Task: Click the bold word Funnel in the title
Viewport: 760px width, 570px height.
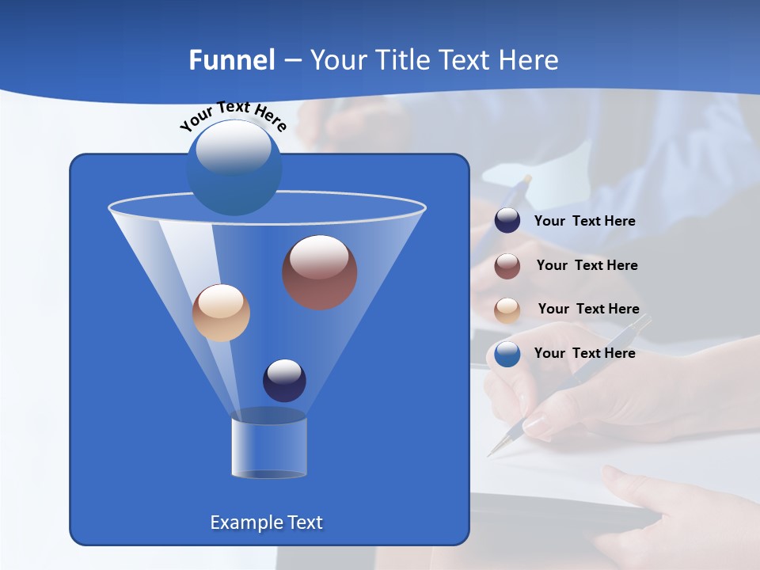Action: pos(231,60)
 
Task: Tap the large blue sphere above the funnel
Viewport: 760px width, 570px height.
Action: pos(234,167)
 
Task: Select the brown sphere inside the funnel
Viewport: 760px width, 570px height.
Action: pos(319,272)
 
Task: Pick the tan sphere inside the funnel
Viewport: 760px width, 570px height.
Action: pos(221,313)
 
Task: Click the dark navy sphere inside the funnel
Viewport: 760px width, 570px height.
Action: pos(284,380)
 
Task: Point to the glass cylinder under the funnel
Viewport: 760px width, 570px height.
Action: pos(269,447)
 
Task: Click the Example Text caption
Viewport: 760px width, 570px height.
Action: pos(266,522)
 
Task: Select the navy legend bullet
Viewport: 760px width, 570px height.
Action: pos(507,221)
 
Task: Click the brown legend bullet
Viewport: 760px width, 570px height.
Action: pos(507,266)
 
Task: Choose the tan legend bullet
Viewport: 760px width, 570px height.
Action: pos(507,310)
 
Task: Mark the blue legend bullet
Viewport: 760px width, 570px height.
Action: pos(507,354)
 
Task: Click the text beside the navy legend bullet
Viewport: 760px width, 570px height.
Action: pos(584,222)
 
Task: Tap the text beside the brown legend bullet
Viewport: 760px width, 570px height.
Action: pos(587,266)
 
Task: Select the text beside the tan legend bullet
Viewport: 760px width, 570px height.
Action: pos(588,310)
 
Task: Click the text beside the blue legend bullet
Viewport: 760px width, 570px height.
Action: pos(584,354)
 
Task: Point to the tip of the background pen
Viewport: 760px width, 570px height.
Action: pos(489,455)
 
